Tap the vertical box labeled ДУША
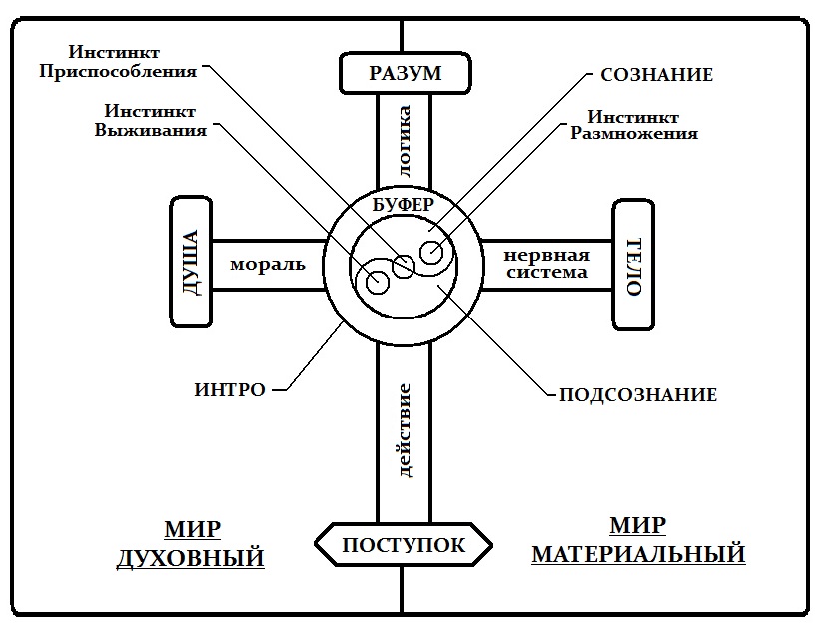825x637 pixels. [191, 263]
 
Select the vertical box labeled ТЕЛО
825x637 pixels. [632, 265]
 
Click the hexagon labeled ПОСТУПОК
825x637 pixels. [404, 545]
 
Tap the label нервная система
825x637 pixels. [545, 263]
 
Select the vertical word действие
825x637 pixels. [405, 429]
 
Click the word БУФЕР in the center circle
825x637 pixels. [404, 205]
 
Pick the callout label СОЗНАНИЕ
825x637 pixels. [656, 75]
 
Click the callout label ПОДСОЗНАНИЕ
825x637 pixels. [637, 395]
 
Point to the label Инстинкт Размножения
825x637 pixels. [633, 124]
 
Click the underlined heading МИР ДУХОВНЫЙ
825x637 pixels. [191, 543]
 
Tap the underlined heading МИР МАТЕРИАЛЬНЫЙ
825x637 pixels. [637, 539]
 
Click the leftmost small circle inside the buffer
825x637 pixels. [377, 284]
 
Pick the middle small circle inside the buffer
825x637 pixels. [404, 266]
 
